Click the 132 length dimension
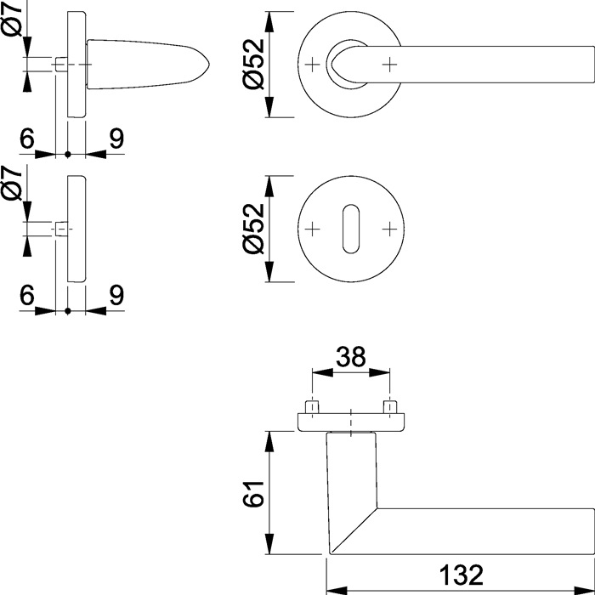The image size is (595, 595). (462, 575)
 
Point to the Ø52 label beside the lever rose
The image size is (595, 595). (254, 65)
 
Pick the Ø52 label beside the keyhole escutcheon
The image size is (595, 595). (254, 229)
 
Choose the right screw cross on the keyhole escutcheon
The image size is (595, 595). (389, 229)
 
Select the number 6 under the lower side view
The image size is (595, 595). (25, 296)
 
